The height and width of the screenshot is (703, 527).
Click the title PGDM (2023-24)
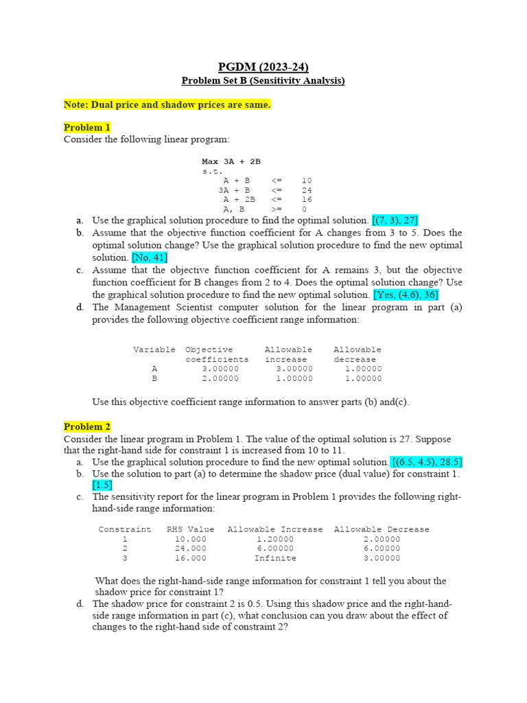pyautogui.click(x=263, y=67)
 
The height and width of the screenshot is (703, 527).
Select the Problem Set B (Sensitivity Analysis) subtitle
pyautogui.click(x=263, y=81)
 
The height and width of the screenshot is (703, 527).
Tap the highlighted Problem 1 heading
pyautogui.click(x=87, y=127)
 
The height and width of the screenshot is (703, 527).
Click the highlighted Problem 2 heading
pyautogui.click(x=87, y=426)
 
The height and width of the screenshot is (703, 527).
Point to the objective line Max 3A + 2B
pyautogui.click(x=231, y=161)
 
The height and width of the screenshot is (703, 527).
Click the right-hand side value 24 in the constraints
pyautogui.click(x=307, y=190)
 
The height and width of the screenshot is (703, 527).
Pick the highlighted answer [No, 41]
pyautogui.click(x=150, y=257)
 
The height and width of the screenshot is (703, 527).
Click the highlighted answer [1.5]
pyautogui.click(x=102, y=485)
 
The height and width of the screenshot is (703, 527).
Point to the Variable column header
pyautogui.click(x=154, y=349)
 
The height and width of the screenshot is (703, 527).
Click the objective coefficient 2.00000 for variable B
pyautogui.click(x=220, y=378)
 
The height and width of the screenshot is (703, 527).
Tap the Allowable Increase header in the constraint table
pyautogui.click(x=274, y=529)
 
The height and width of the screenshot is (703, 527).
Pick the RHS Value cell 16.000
pyautogui.click(x=190, y=558)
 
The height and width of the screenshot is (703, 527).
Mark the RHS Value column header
pyautogui.click(x=190, y=529)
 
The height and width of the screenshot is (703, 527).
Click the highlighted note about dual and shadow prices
pyautogui.click(x=167, y=104)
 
